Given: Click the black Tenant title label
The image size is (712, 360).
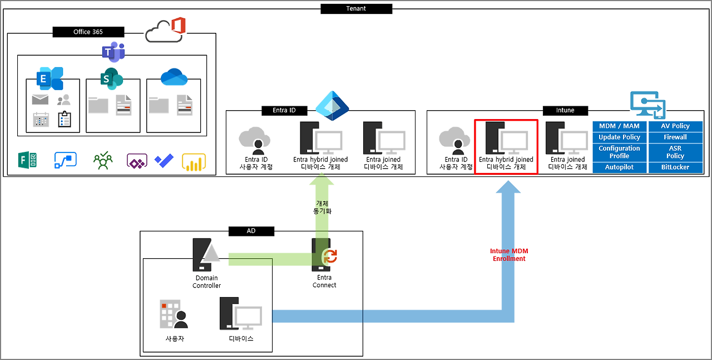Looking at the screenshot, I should pyautogui.click(x=356, y=9).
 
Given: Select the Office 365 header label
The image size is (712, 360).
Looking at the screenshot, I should pyautogui.click(x=88, y=32).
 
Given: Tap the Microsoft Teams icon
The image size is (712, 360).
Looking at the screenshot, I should pyautogui.click(x=113, y=52).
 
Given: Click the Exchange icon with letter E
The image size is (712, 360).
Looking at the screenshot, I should pyautogui.click(x=50, y=79).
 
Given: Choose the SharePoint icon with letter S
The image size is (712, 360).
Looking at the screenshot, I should pyautogui.click(x=111, y=79).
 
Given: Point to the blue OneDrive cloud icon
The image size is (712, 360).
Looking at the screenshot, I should pyautogui.click(x=174, y=77).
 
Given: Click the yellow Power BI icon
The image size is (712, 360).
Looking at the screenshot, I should pyautogui.click(x=194, y=161).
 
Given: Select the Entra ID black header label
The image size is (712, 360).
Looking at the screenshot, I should pyautogui.click(x=284, y=110).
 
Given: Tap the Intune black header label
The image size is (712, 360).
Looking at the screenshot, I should pyautogui.click(x=565, y=110).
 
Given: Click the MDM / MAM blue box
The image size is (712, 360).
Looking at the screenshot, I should pyautogui.click(x=619, y=126).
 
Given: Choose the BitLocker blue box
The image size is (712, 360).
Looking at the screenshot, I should pyautogui.click(x=675, y=167).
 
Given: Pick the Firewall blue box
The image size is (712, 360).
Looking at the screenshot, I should pyautogui.click(x=675, y=137).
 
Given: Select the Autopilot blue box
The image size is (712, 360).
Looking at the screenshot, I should pyautogui.click(x=619, y=167).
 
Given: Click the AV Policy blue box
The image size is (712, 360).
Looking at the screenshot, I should pyautogui.click(x=675, y=126).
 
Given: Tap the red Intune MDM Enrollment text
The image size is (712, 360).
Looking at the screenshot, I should pyautogui.click(x=508, y=255).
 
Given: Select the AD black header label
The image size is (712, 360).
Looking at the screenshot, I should pyautogui.click(x=251, y=231).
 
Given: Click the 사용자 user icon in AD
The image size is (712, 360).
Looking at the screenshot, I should pyautogui.click(x=174, y=315).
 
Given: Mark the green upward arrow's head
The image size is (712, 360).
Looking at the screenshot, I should pyautogui.click(x=321, y=182).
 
